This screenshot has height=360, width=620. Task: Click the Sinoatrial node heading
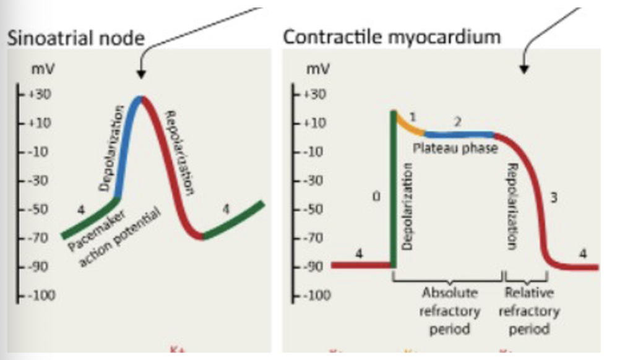point(75,38)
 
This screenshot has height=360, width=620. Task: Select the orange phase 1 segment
point(409,123)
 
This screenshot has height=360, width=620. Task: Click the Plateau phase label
point(455,149)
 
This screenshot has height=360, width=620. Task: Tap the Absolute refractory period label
point(449,311)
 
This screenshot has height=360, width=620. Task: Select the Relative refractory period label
point(529,311)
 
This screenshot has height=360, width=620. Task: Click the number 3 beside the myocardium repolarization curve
point(554,199)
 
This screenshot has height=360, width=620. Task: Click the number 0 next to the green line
point(376,197)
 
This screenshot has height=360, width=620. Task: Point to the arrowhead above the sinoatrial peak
point(141,74)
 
